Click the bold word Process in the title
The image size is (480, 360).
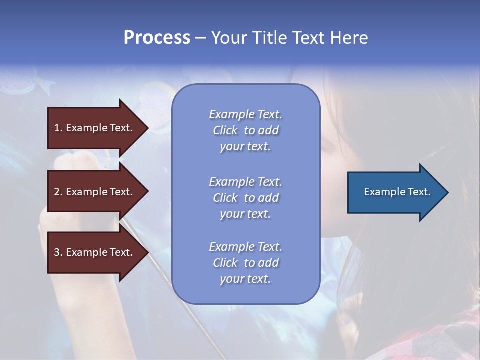157,38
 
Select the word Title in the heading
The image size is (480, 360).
270,37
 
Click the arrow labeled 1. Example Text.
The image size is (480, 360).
98,128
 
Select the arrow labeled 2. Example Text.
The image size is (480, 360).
98,192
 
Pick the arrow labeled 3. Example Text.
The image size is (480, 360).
98,252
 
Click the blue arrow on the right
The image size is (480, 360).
398,192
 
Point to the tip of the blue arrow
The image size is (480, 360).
449,192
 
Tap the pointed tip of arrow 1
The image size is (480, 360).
149,128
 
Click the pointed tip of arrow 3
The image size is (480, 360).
149,252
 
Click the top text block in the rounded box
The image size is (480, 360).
246,130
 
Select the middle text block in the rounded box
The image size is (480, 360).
246,198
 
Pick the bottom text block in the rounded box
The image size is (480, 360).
246,263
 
